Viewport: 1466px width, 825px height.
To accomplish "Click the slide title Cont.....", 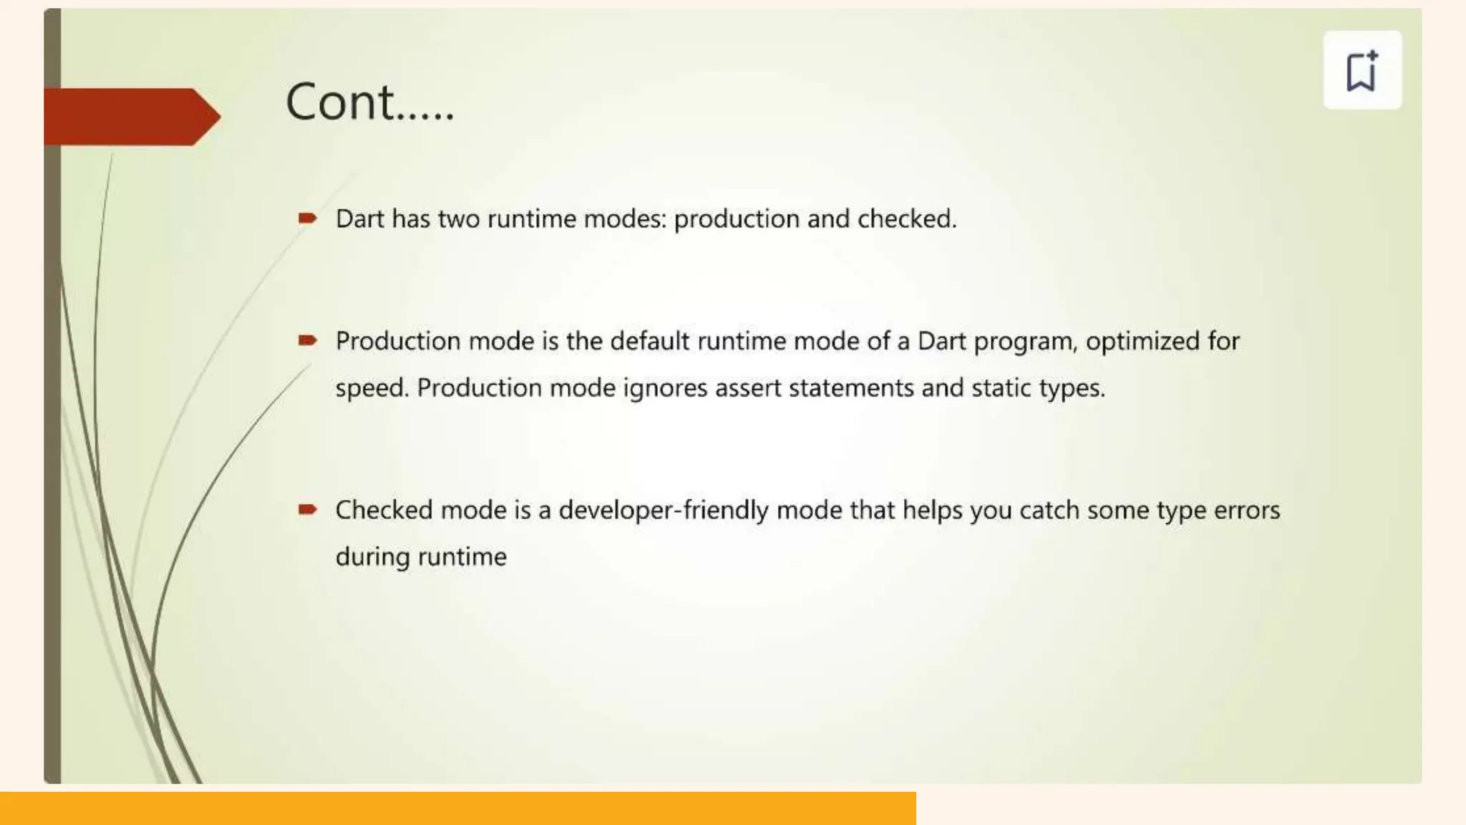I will (x=369, y=102).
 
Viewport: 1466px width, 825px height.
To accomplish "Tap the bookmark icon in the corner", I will (x=1361, y=70).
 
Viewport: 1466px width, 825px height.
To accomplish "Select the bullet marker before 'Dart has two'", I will (x=308, y=218).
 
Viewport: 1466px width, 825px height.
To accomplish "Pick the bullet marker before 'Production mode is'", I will (x=308, y=340).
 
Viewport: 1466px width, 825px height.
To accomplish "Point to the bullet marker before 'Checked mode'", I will (x=308, y=509).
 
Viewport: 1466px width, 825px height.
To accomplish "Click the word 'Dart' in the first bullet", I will (x=360, y=219).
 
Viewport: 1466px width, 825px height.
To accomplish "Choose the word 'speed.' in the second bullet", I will (x=372, y=389).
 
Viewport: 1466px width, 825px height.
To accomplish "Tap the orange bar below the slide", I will (x=458, y=809).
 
